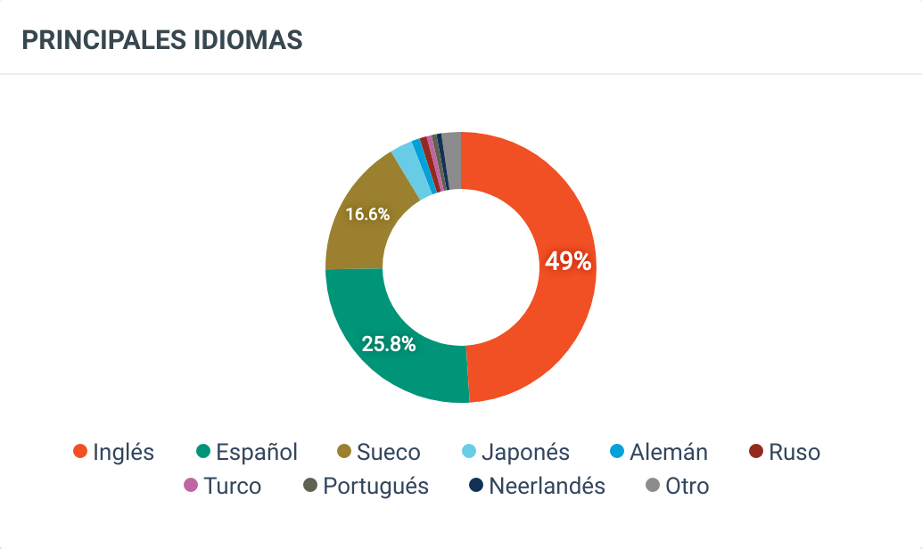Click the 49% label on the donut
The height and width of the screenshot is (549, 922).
pos(568,261)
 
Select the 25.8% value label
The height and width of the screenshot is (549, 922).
pos(389,344)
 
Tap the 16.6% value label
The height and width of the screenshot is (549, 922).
pos(367,214)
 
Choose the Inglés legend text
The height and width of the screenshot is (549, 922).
pos(123,453)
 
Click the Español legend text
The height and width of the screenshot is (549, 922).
pos(257,453)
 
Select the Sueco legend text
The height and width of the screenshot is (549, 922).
pos(388,453)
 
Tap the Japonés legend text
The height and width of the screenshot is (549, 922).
pos(525,453)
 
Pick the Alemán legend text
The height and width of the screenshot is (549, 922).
pos(668,453)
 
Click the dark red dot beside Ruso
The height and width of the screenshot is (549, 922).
pos(756,453)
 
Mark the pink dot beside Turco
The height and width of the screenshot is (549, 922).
pos(190,486)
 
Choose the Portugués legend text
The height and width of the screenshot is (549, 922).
pos(375,487)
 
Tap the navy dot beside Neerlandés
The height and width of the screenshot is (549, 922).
pos(476,486)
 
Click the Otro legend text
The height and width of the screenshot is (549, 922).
pos(687,487)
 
